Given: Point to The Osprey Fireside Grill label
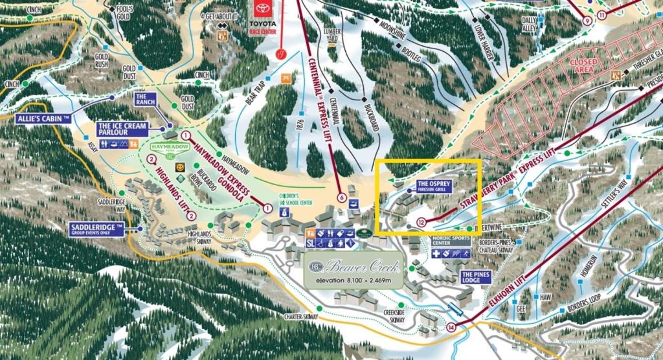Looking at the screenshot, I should (433, 186).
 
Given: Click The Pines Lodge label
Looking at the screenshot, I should (477, 277).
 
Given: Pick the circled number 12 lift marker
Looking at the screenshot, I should (421, 222).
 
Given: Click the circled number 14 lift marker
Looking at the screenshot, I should (451, 326).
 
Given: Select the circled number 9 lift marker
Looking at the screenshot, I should (587, 21).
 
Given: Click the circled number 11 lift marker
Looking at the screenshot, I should (602, 16).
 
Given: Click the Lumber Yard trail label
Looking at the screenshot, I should (331, 36).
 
